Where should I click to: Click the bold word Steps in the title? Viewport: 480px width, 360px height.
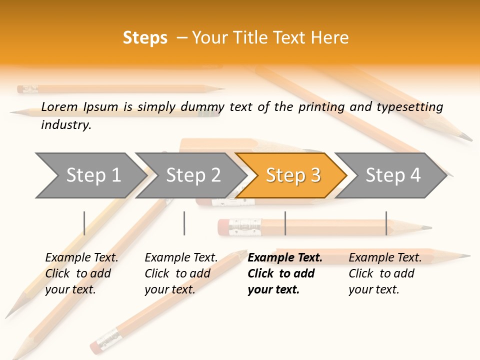coord(145,38)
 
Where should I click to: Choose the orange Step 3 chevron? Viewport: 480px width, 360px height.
coord(293,175)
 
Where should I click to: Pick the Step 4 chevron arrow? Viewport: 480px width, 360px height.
coord(393,175)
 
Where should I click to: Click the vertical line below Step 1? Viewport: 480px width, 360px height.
coord(84,223)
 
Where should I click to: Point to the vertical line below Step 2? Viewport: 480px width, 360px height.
coord(184,223)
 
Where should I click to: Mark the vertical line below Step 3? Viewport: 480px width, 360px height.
coord(285,223)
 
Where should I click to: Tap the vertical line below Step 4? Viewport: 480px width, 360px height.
coord(386,223)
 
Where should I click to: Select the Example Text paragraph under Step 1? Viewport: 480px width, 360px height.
coord(81,273)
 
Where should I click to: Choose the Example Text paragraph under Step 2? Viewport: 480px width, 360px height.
coord(181,273)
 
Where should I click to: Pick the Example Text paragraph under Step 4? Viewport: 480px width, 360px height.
coord(385,273)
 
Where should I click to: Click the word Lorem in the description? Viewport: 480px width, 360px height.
coord(59,106)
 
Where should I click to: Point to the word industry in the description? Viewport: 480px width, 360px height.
coord(66,124)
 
